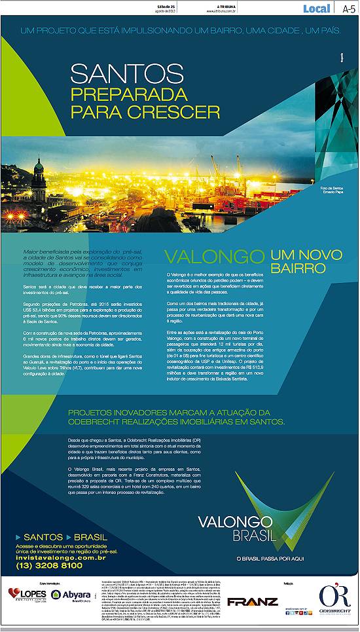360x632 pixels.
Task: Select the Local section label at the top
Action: tap(316, 8)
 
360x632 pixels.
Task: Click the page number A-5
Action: tap(349, 8)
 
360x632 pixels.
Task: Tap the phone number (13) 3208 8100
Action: tap(49, 565)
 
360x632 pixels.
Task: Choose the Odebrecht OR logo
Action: tap(334, 597)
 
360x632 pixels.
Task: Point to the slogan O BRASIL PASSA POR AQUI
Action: tap(270, 557)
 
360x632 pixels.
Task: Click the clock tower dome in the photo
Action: tap(39, 166)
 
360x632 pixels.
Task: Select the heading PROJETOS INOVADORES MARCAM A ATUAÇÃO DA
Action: tap(170, 412)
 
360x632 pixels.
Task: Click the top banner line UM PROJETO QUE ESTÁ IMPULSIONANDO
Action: tap(179, 31)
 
